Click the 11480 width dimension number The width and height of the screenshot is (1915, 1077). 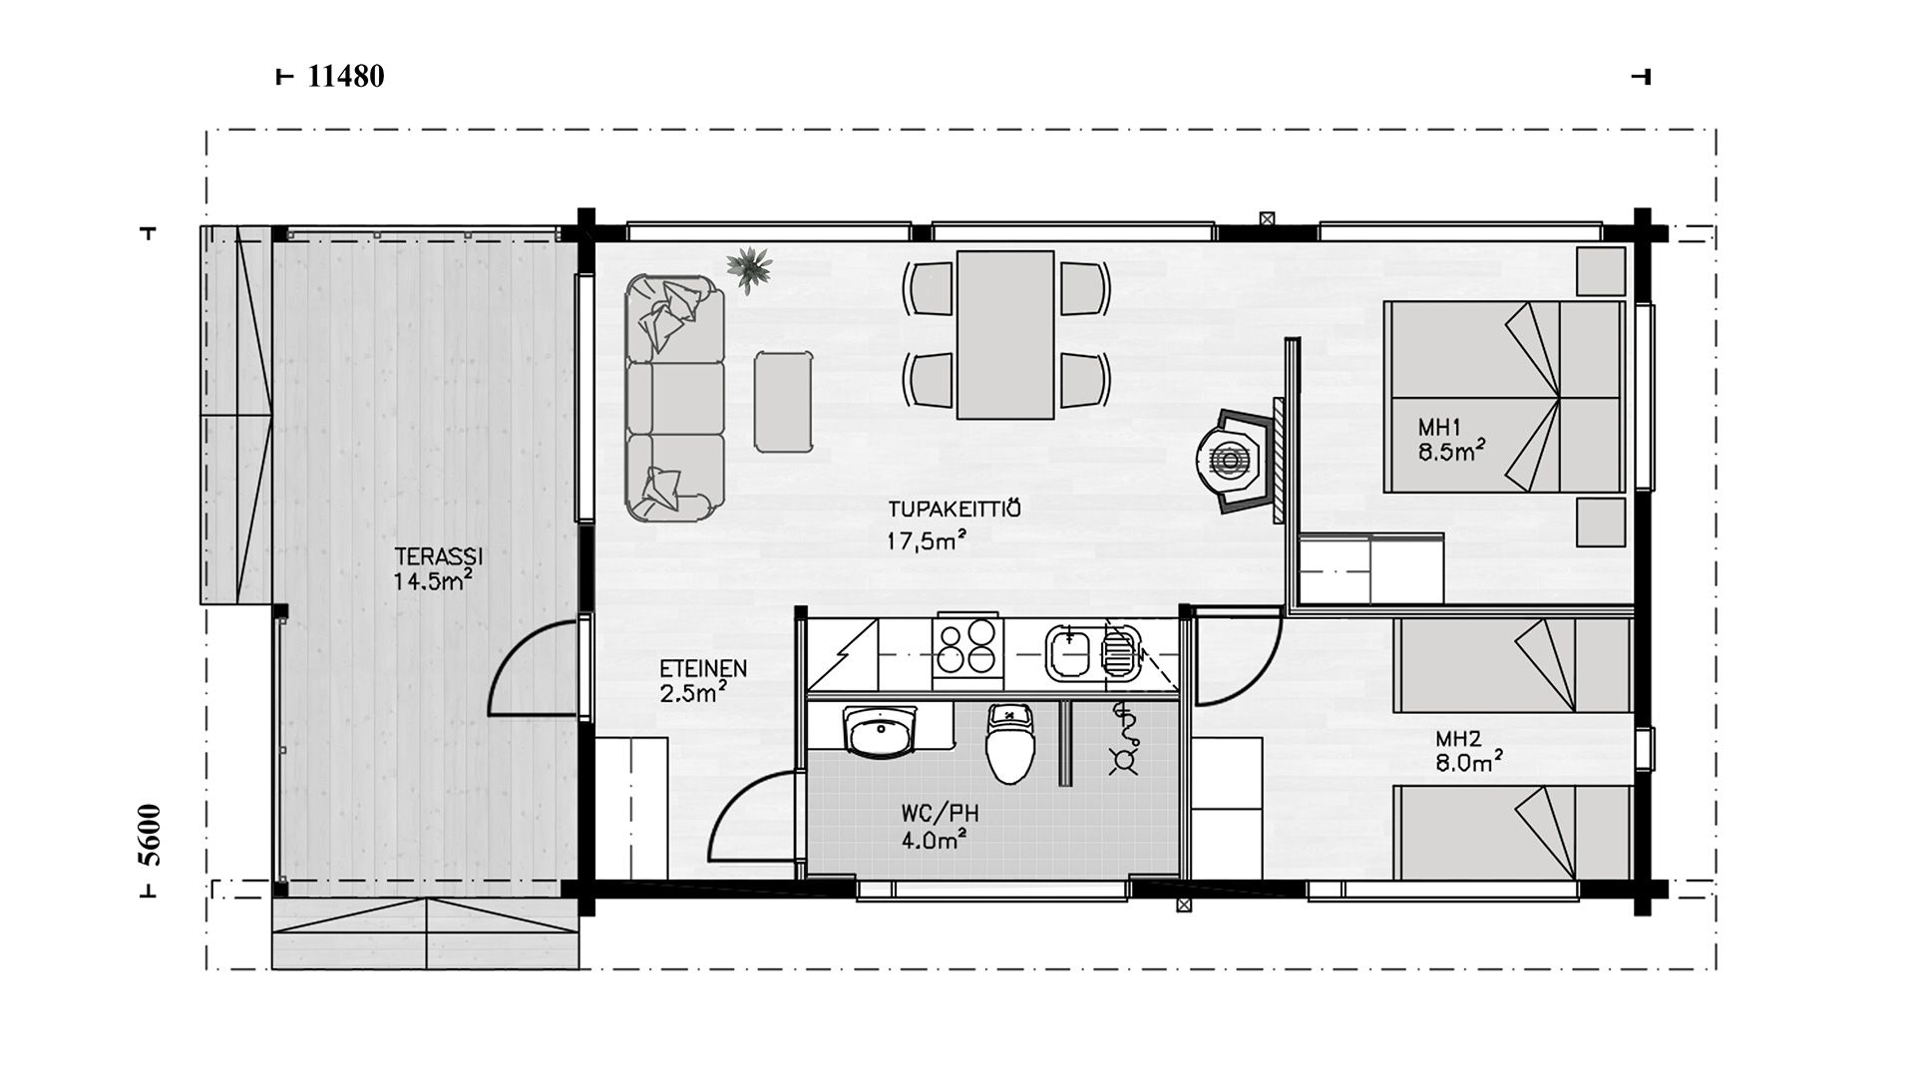pos(346,76)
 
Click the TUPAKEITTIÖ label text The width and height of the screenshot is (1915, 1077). pos(955,509)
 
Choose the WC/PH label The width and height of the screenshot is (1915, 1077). pos(940,814)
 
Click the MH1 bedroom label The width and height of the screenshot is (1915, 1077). pos(1439,427)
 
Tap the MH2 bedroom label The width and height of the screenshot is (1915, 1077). pos(1458,739)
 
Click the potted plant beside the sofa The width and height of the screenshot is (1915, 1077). pos(749,267)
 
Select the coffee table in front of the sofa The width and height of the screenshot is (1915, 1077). pos(783,401)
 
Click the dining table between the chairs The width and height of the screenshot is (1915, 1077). pos(1005,334)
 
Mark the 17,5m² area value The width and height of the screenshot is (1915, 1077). pos(927,540)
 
